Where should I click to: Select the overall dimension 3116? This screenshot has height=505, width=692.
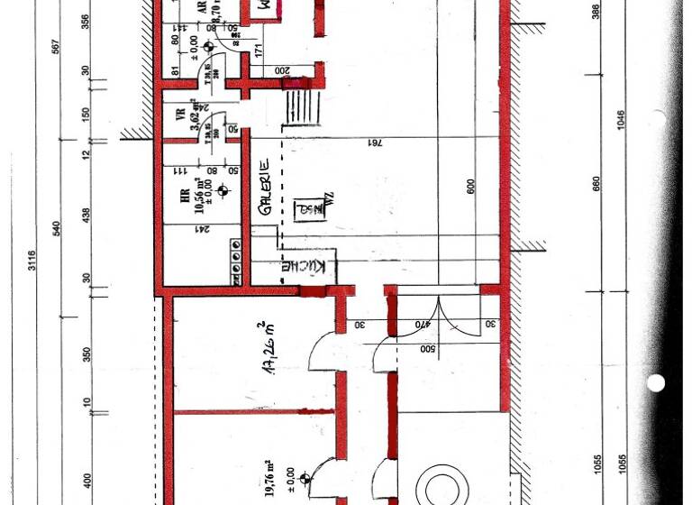pos(32,262)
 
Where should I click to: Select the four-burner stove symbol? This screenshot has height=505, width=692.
pos(236,260)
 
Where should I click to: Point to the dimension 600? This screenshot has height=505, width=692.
pos(471,186)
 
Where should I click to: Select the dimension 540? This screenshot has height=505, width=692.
pos(58,226)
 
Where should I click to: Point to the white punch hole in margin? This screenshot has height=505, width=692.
pos(656,382)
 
